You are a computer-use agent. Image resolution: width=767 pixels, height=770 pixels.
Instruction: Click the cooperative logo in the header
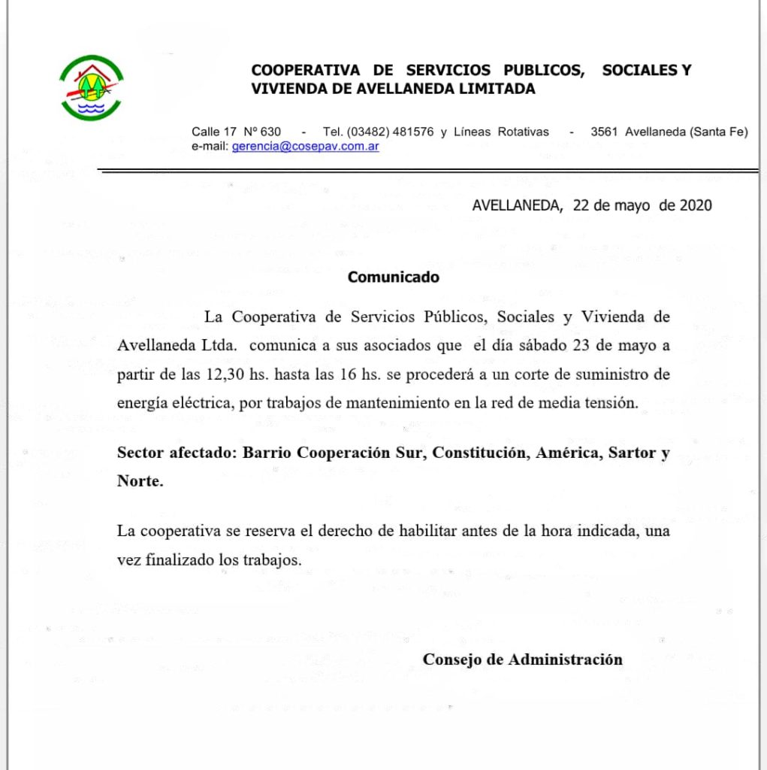click(92, 88)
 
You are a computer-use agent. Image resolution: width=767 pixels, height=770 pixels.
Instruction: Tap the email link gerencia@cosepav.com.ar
click(305, 147)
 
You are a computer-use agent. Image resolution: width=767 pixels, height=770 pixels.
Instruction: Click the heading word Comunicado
click(393, 277)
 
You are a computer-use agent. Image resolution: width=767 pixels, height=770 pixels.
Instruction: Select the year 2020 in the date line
click(696, 205)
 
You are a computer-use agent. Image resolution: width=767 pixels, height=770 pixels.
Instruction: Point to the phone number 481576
click(412, 132)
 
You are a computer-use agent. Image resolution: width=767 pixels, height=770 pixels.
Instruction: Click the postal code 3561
click(604, 132)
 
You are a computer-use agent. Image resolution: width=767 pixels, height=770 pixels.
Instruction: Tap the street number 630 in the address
click(270, 132)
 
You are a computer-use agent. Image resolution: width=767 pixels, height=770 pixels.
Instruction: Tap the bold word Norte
click(140, 481)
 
